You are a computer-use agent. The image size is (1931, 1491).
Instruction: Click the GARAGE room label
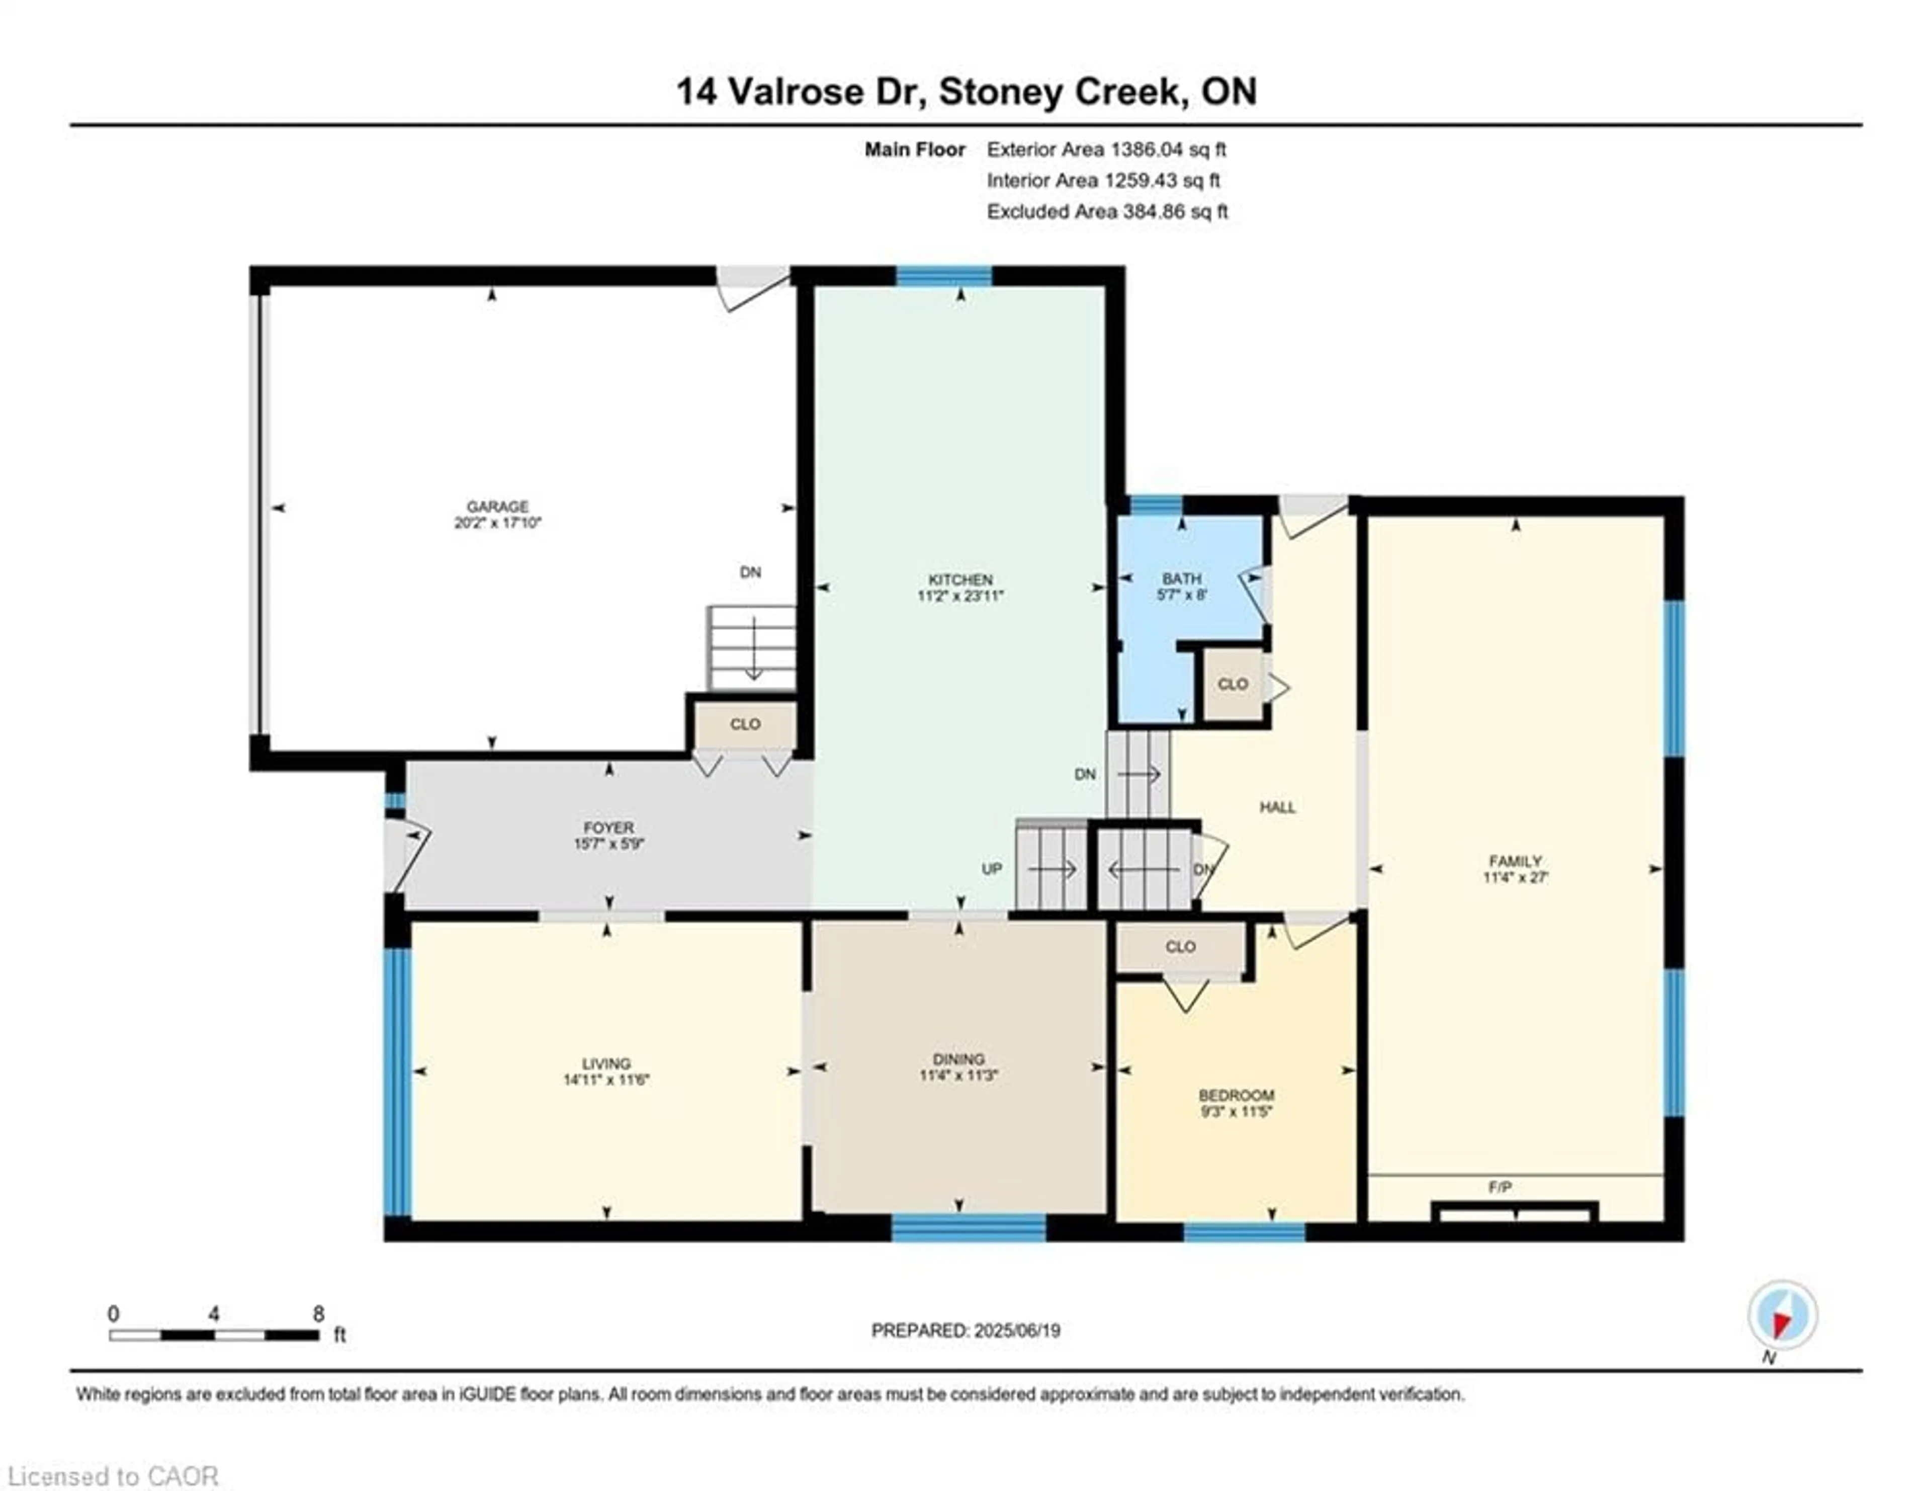(497, 507)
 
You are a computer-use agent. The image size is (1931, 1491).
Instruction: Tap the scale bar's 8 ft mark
(318, 1314)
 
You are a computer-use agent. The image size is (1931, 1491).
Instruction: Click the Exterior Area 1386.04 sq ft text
(1106, 149)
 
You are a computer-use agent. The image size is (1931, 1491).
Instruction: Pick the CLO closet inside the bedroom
(1180, 946)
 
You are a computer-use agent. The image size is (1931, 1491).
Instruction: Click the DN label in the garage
(750, 572)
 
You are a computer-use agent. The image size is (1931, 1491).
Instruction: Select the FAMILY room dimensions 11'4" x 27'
(1516, 877)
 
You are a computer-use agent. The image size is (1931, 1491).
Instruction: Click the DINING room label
(958, 1058)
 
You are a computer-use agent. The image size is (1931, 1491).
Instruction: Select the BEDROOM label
(1236, 1095)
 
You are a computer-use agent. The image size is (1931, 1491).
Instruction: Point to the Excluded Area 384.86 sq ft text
(1107, 211)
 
